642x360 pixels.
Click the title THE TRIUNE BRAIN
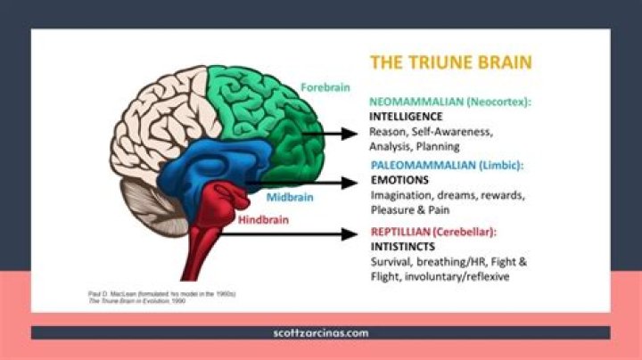click(451, 63)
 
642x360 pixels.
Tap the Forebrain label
click(325, 87)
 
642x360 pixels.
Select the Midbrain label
click(286, 197)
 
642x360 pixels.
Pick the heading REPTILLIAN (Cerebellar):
click(433, 232)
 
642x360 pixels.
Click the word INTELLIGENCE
click(406, 117)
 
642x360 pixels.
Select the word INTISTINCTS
click(404, 246)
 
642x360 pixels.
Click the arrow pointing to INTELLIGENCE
click(332, 134)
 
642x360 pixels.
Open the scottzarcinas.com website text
click(320, 332)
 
